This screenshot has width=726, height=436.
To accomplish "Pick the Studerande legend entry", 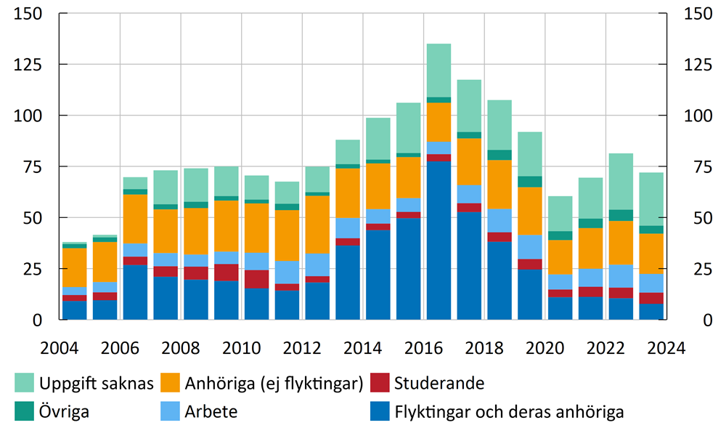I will pos(439,383).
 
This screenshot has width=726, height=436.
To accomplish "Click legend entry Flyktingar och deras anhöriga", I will pos(509,412).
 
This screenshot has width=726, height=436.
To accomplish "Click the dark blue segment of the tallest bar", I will pos(439,240).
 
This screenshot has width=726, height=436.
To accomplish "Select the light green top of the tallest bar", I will pos(439,70).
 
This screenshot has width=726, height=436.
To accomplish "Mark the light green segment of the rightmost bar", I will pos(651,198).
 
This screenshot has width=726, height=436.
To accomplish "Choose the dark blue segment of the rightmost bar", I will pos(651,312).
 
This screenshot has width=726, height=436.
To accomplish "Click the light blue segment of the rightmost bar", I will pos(651,283).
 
